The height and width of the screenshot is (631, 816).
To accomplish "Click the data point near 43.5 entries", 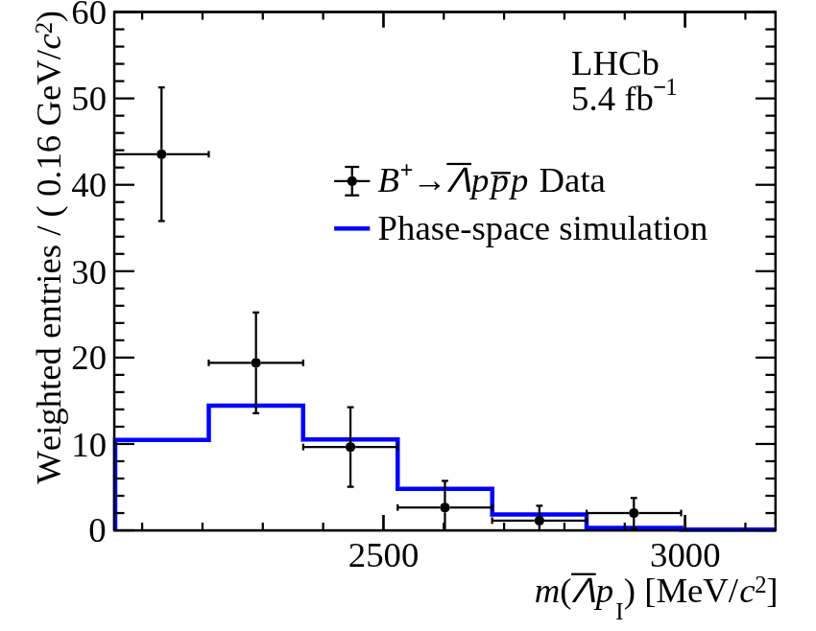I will (161, 153).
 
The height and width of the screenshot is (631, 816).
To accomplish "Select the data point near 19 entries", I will (255, 362).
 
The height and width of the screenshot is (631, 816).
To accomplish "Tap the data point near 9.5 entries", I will (350, 446).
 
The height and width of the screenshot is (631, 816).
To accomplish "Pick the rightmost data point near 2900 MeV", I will (634, 513).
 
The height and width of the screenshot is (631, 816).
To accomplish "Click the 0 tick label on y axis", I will (95, 530).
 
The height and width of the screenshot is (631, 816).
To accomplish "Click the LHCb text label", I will (614, 64).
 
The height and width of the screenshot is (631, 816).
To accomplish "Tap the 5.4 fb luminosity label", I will (623, 98).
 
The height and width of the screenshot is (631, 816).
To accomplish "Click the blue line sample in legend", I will (351, 229).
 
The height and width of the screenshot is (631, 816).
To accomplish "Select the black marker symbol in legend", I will (352, 181).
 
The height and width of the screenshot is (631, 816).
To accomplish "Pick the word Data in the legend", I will (572, 181).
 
